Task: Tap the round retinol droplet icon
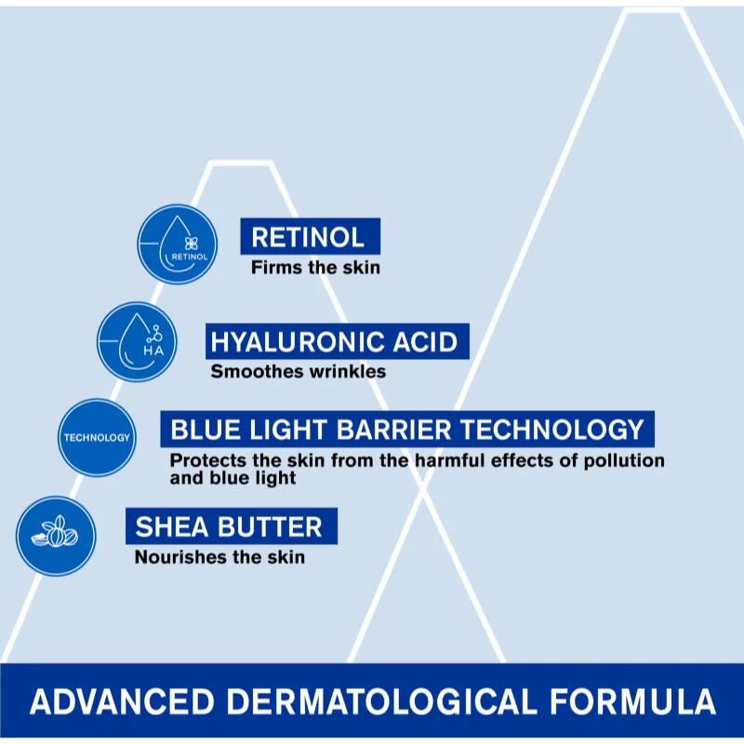(177, 244)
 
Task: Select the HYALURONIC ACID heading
(335, 341)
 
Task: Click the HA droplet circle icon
(137, 341)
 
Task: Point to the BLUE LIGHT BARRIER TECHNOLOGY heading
(406, 430)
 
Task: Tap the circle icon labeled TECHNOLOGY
(97, 437)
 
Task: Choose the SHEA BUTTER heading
(230, 526)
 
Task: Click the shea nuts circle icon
(56, 535)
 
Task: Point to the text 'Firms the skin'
(315, 268)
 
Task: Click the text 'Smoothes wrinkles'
(298, 372)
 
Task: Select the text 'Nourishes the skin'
(219, 558)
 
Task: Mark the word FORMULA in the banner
(632, 700)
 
